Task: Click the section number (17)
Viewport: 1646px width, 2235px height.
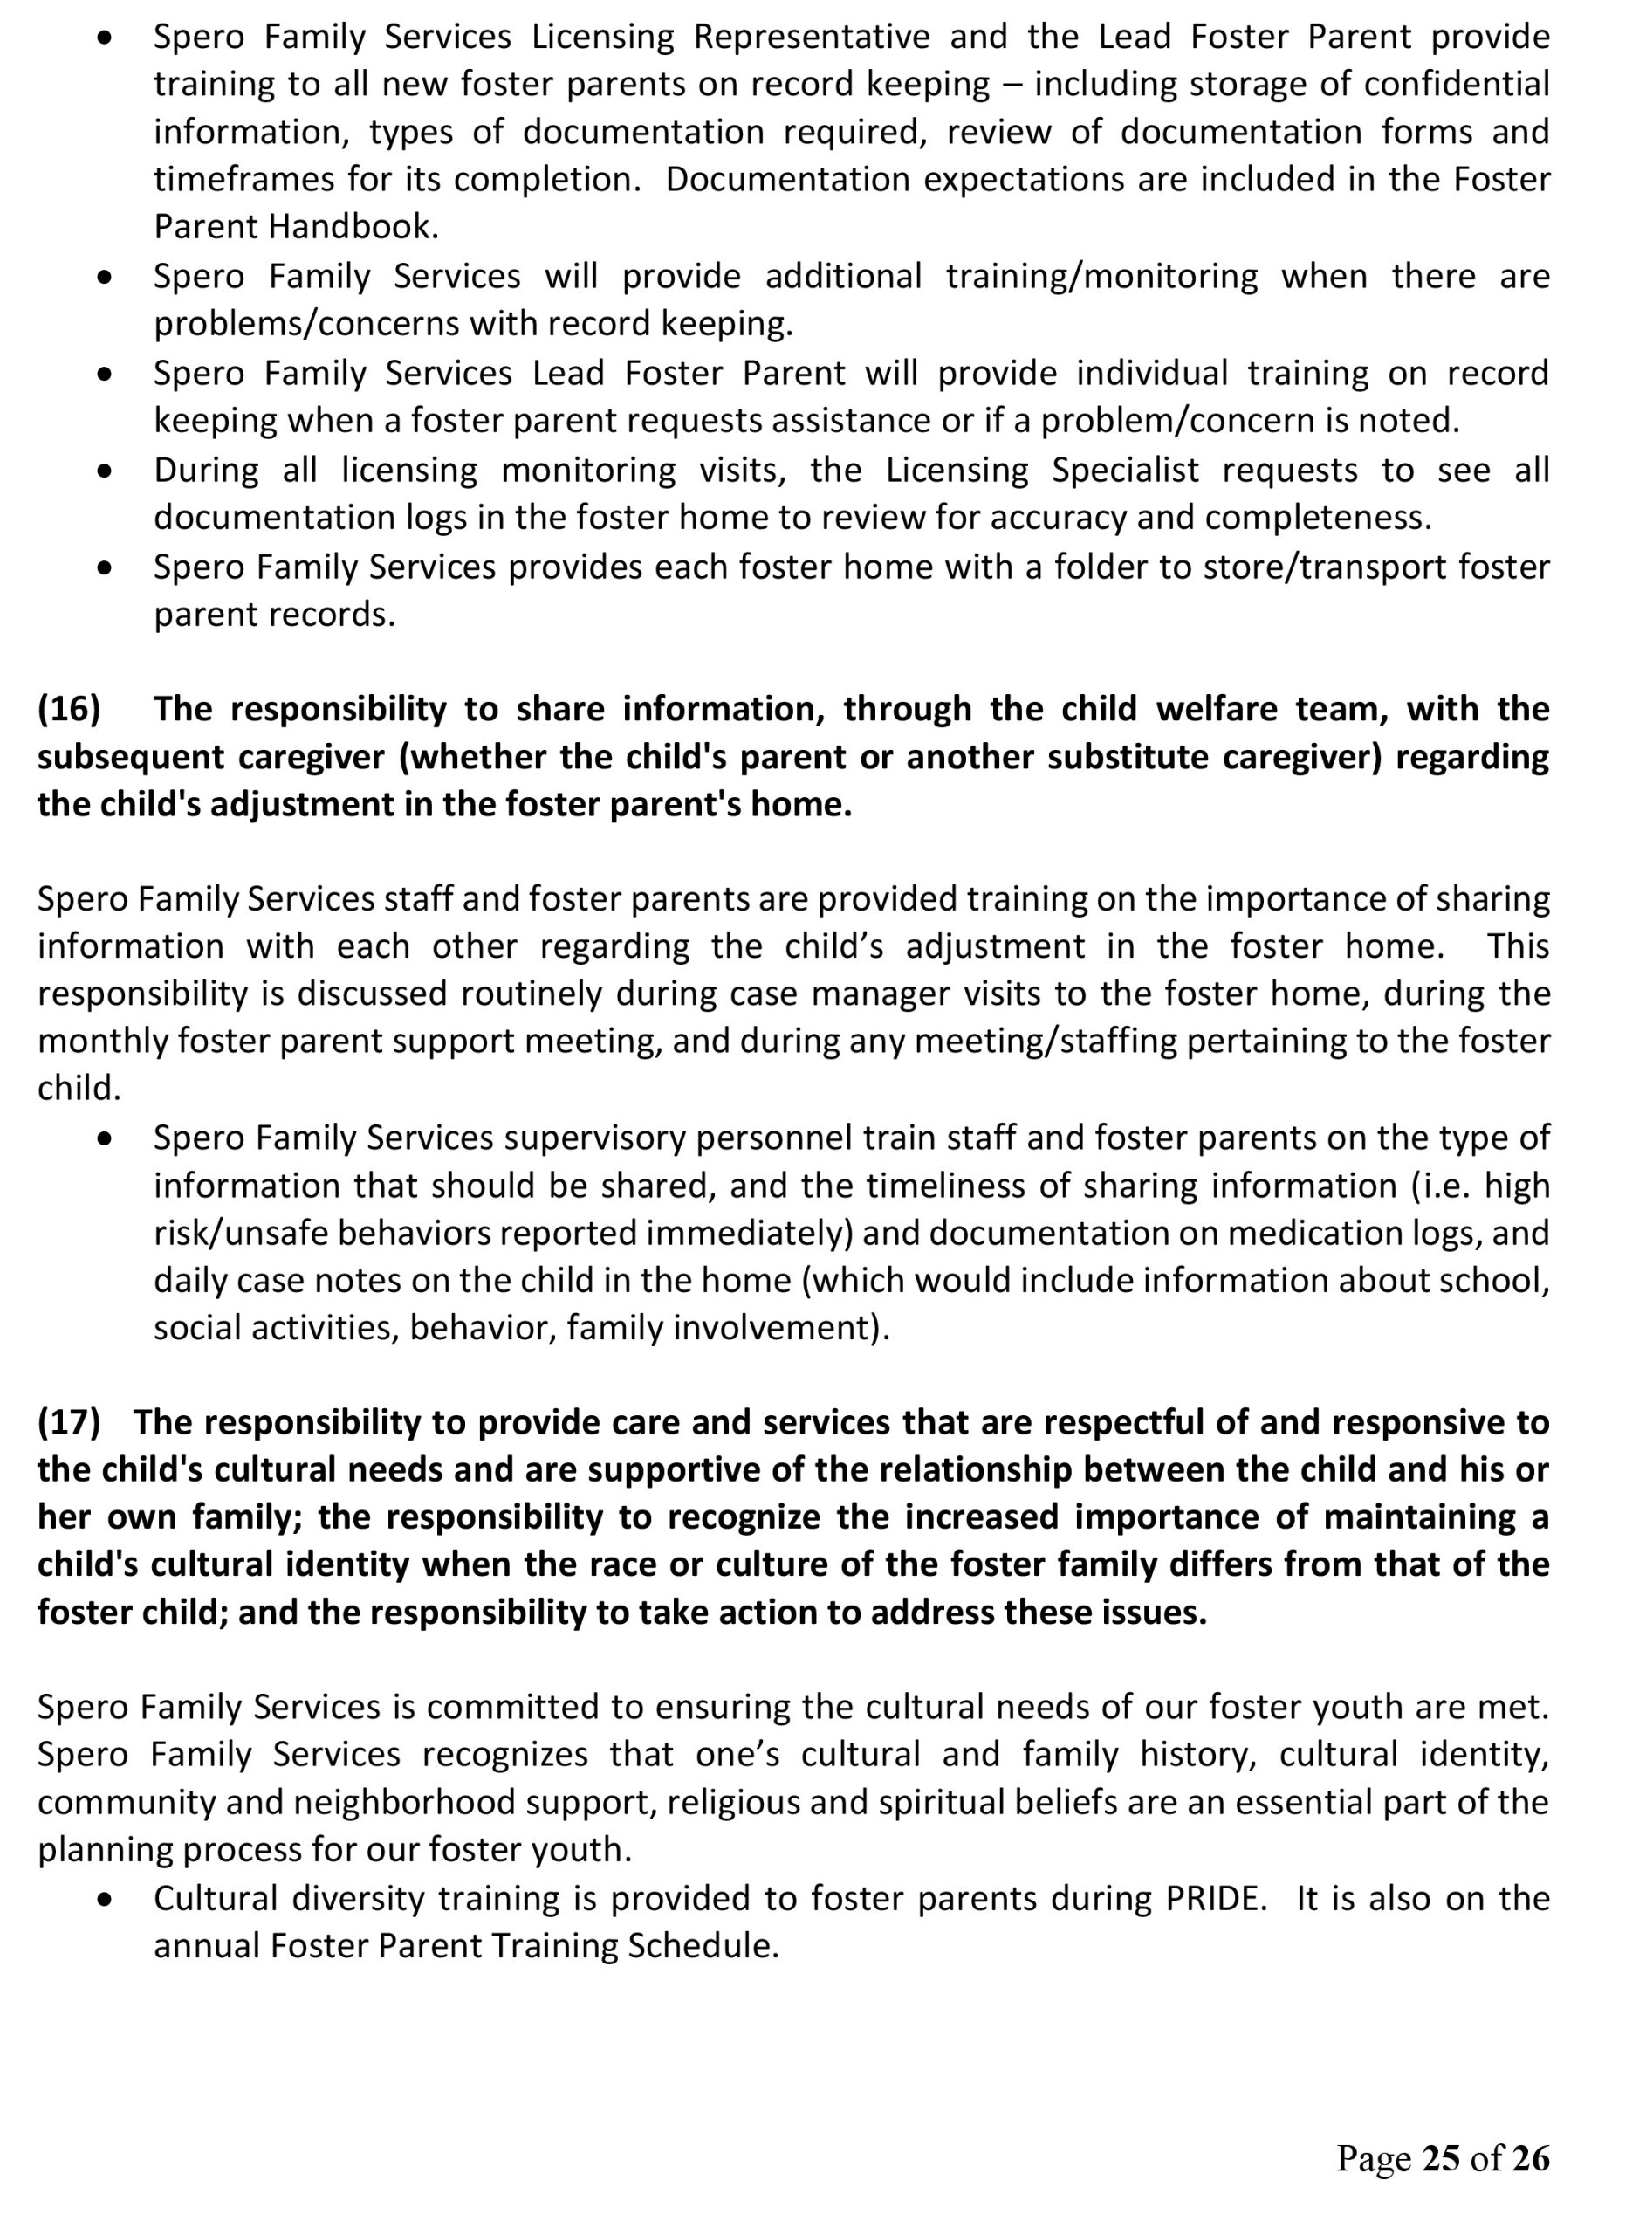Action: click(69, 1422)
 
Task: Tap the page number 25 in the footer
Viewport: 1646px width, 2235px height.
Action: click(1441, 2157)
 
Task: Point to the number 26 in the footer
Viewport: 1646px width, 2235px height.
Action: click(1531, 2157)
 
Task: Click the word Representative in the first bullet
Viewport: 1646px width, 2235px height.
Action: click(811, 37)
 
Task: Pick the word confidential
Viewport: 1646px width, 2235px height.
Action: click(1457, 84)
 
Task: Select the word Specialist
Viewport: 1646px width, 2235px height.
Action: click(1125, 470)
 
